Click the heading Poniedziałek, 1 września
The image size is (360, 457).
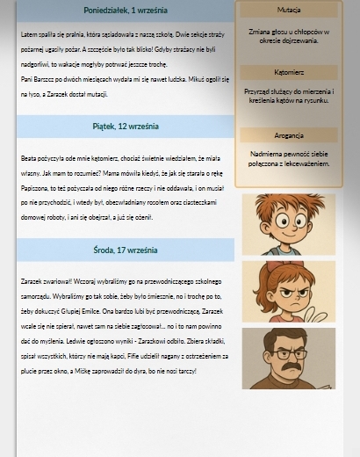(126, 11)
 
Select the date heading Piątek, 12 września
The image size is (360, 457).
(126, 127)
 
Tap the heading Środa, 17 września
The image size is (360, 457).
(126, 250)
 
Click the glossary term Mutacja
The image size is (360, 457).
(288, 10)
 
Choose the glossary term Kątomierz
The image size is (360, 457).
(288, 73)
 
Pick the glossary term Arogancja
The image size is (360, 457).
(288, 135)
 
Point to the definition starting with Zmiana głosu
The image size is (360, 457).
(288, 36)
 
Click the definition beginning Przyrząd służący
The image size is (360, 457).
(288, 96)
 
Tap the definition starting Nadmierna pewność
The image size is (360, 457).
(288, 159)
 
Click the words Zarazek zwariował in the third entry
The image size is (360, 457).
(45, 282)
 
